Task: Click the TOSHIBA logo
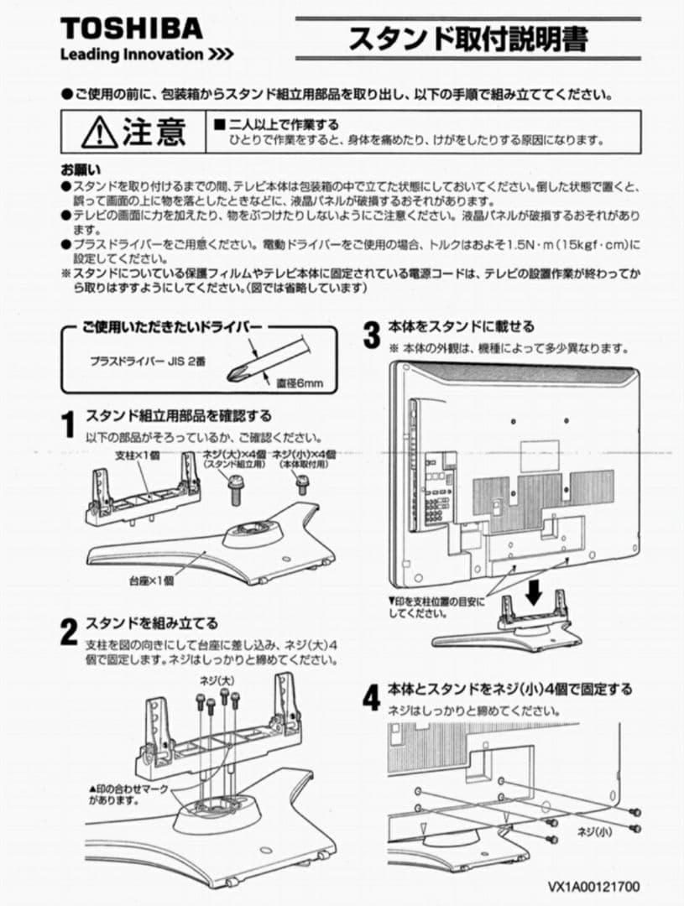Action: click(131, 29)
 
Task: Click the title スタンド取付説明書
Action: click(467, 39)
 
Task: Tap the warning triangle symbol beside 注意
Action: click(99, 131)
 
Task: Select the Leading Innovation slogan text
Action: click(146, 55)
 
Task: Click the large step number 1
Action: click(71, 425)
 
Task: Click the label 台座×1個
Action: click(151, 580)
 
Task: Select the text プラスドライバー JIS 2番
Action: click(147, 361)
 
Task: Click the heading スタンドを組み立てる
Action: click(152, 623)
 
